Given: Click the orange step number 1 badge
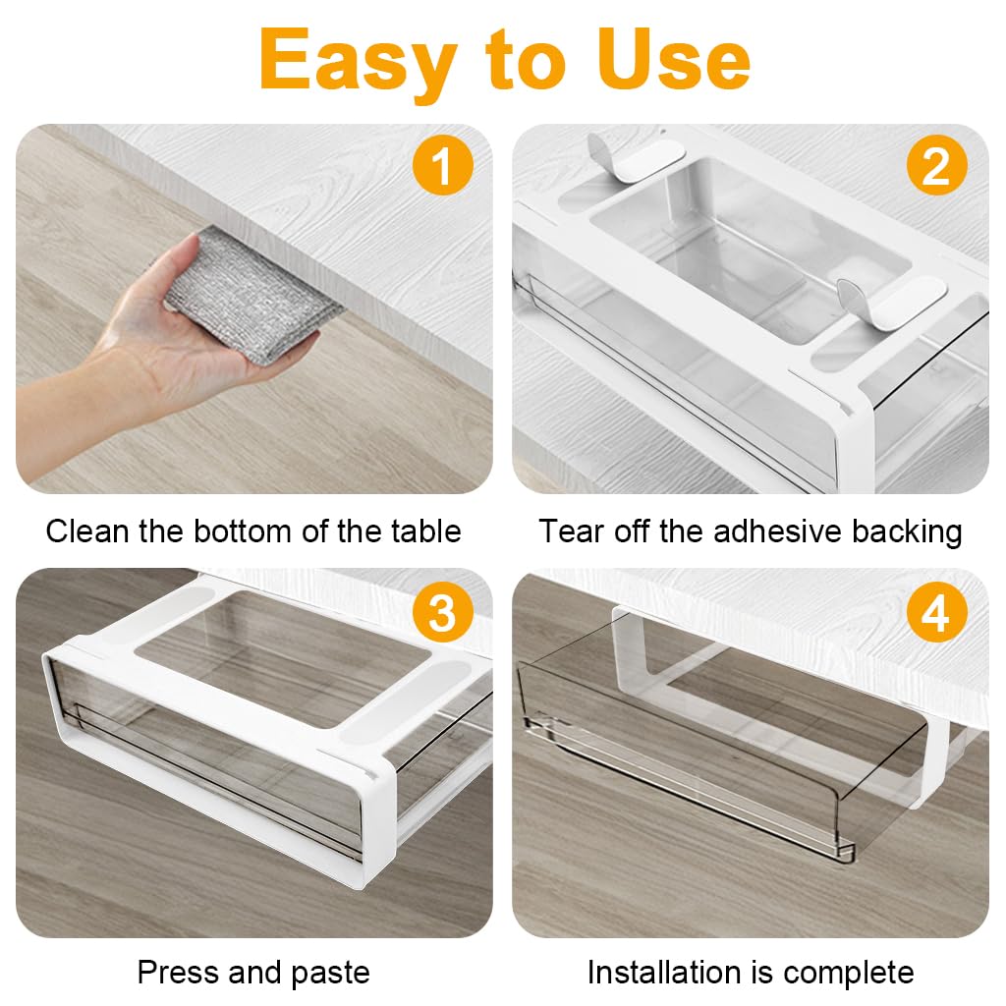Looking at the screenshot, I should (442, 167).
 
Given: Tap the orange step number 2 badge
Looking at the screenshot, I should (936, 167).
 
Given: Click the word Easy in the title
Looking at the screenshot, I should (359, 61).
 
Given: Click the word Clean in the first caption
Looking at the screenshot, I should (87, 531).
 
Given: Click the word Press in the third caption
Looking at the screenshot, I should (178, 973).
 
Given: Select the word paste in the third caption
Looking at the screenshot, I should (327, 973).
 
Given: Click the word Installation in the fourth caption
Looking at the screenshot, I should (666, 973).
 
